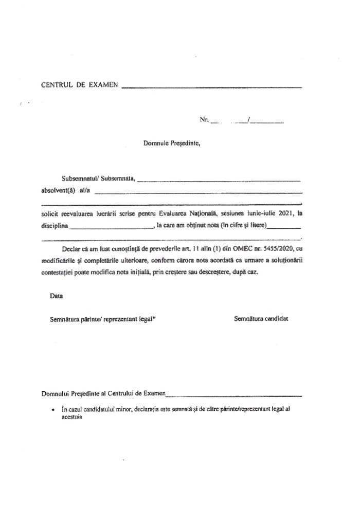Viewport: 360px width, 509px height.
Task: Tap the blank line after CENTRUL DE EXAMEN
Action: coord(211,88)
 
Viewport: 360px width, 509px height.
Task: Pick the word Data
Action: coord(57,296)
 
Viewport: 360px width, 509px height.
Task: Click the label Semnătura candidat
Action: coord(261,318)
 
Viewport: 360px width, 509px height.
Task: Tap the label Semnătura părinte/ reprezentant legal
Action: coord(102,319)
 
